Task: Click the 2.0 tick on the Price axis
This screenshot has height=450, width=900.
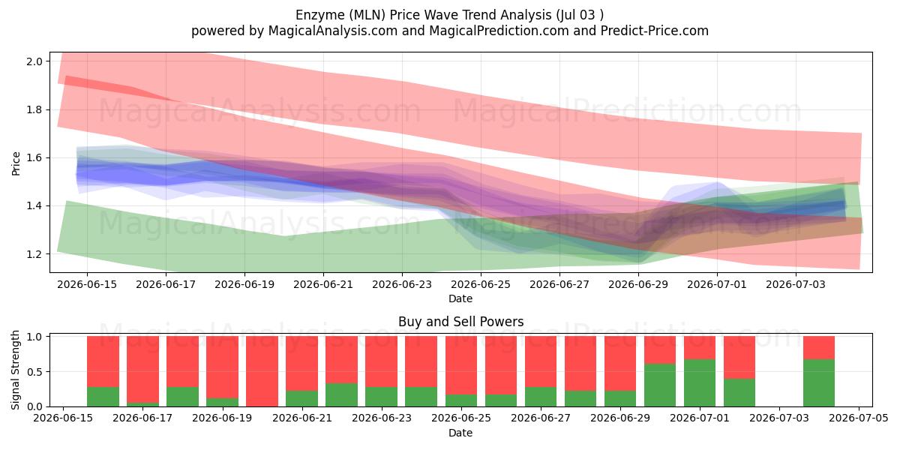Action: tap(34, 61)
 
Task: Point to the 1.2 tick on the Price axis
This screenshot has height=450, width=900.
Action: tap(34, 254)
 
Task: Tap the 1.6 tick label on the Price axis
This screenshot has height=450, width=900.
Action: tap(34, 158)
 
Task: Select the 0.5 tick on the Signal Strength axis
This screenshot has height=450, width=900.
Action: tap(34, 372)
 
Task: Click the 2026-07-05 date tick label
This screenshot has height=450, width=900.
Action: tap(859, 418)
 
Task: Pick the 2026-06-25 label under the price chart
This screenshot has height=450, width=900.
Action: tap(481, 284)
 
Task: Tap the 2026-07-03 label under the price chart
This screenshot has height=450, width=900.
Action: tap(796, 284)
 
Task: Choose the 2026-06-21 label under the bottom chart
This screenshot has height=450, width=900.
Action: tap(302, 418)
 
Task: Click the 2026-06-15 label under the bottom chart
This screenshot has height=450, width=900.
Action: tap(63, 418)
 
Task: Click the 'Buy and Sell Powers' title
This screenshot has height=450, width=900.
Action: tap(460, 322)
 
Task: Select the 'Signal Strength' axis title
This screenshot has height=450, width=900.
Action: tap(15, 370)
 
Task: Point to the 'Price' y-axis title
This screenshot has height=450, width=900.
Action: tap(16, 163)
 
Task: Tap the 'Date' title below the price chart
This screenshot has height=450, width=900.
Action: tap(460, 298)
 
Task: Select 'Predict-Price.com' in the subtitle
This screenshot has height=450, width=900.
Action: tap(655, 31)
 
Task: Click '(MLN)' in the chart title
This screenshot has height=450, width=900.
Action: tap(367, 15)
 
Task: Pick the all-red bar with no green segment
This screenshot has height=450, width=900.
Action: tap(262, 371)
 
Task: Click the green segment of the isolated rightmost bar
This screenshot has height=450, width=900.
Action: tap(819, 383)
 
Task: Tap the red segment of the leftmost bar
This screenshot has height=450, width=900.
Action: tap(103, 361)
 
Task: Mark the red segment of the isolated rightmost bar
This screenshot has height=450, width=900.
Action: tap(819, 347)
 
